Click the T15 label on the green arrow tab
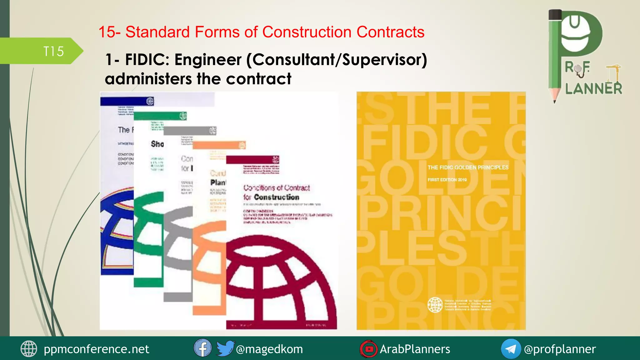coord(53,52)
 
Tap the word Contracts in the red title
coord(390,32)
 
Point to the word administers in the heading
coord(148,79)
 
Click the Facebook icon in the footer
coord(202,348)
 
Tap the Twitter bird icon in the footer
coord(225,348)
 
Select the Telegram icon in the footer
coord(511,349)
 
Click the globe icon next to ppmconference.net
coord(29,349)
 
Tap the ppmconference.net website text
coord(96,349)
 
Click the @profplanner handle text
coord(560,349)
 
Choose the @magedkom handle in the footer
coord(269,349)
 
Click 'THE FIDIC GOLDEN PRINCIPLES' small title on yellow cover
coord(468,167)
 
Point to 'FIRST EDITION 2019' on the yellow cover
coord(447,180)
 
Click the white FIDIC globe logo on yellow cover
coord(435,305)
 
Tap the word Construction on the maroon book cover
coord(276,197)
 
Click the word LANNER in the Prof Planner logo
coord(593,89)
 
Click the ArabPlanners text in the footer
coord(415,349)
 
